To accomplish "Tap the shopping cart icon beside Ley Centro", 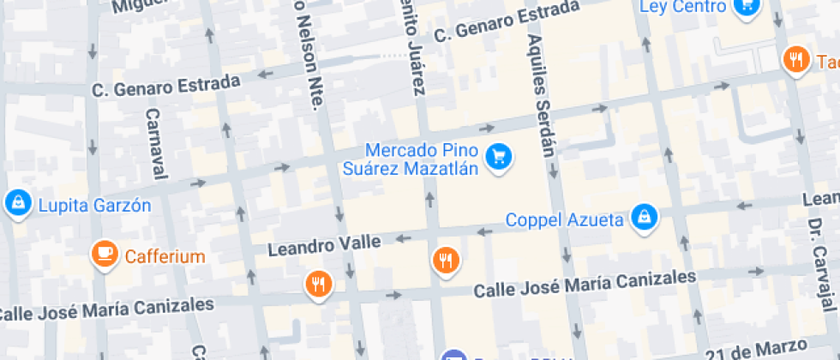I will point(745,5).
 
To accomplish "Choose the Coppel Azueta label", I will point(564,219).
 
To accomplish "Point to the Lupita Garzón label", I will point(93,206).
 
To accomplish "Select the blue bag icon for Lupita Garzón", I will point(16,202).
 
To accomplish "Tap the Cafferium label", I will point(165,256).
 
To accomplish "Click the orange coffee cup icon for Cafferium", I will point(105,252).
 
